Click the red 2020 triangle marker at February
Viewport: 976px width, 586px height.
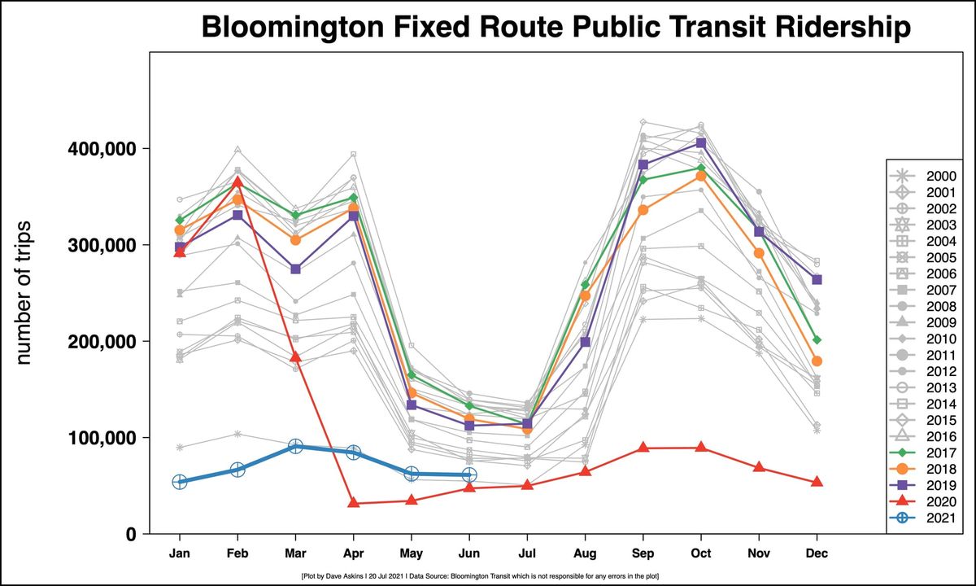tap(237, 181)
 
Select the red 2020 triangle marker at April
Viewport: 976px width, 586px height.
tap(353, 503)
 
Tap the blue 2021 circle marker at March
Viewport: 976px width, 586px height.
tap(295, 446)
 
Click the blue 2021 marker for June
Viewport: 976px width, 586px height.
tap(468, 474)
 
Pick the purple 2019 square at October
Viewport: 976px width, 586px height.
tap(700, 143)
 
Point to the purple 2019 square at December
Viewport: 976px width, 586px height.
tap(817, 280)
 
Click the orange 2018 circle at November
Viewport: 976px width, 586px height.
tap(759, 253)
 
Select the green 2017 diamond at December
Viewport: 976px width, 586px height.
tap(817, 339)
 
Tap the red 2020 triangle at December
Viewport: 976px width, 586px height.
tap(817, 482)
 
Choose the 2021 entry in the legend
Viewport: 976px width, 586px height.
tap(927, 518)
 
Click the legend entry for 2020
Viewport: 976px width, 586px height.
tap(927, 501)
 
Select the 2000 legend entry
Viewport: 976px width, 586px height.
tap(927, 176)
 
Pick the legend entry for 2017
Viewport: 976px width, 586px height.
tap(927, 453)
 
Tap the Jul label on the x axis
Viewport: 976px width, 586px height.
tap(527, 553)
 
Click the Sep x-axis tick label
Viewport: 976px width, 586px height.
tap(643, 553)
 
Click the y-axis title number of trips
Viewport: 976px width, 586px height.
tap(24, 291)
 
